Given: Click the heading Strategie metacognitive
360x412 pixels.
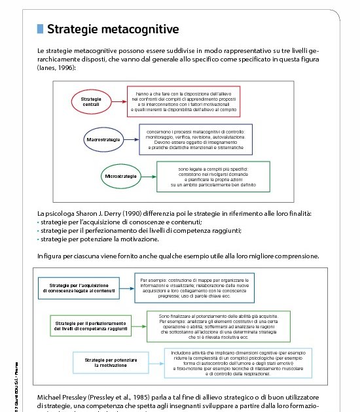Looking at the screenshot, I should [113, 29].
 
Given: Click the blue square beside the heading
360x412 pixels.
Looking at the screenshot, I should [41, 29].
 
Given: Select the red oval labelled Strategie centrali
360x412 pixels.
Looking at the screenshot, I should [91, 103].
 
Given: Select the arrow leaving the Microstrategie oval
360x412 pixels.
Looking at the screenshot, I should [151, 176].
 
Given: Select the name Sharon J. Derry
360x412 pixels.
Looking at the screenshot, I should [102, 214].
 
